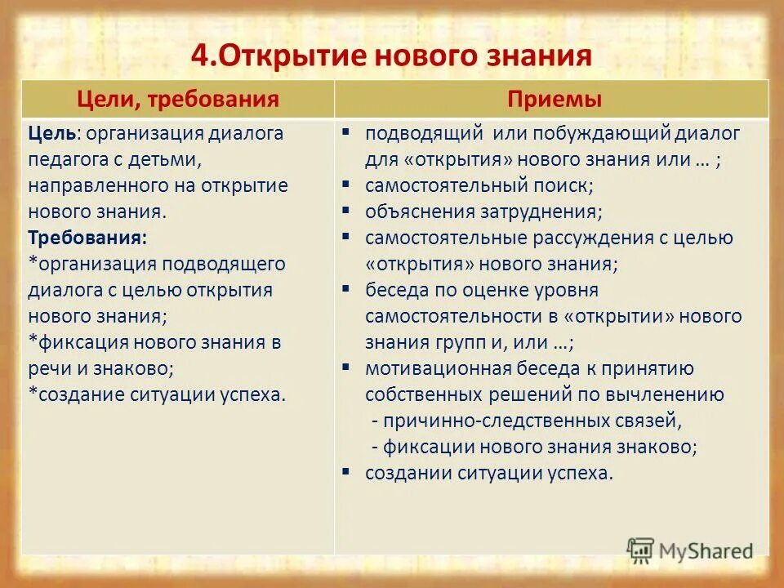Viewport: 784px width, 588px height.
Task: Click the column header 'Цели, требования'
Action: (x=178, y=100)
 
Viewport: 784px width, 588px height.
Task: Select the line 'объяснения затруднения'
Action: (x=483, y=212)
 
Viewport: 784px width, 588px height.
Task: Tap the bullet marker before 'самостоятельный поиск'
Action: (x=346, y=184)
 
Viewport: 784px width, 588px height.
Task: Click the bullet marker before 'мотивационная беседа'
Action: (x=346, y=367)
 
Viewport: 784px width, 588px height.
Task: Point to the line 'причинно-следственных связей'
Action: (x=526, y=421)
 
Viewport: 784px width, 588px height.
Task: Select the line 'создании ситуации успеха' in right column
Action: (x=488, y=473)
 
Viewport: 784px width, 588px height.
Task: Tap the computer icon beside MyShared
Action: (x=641, y=549)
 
